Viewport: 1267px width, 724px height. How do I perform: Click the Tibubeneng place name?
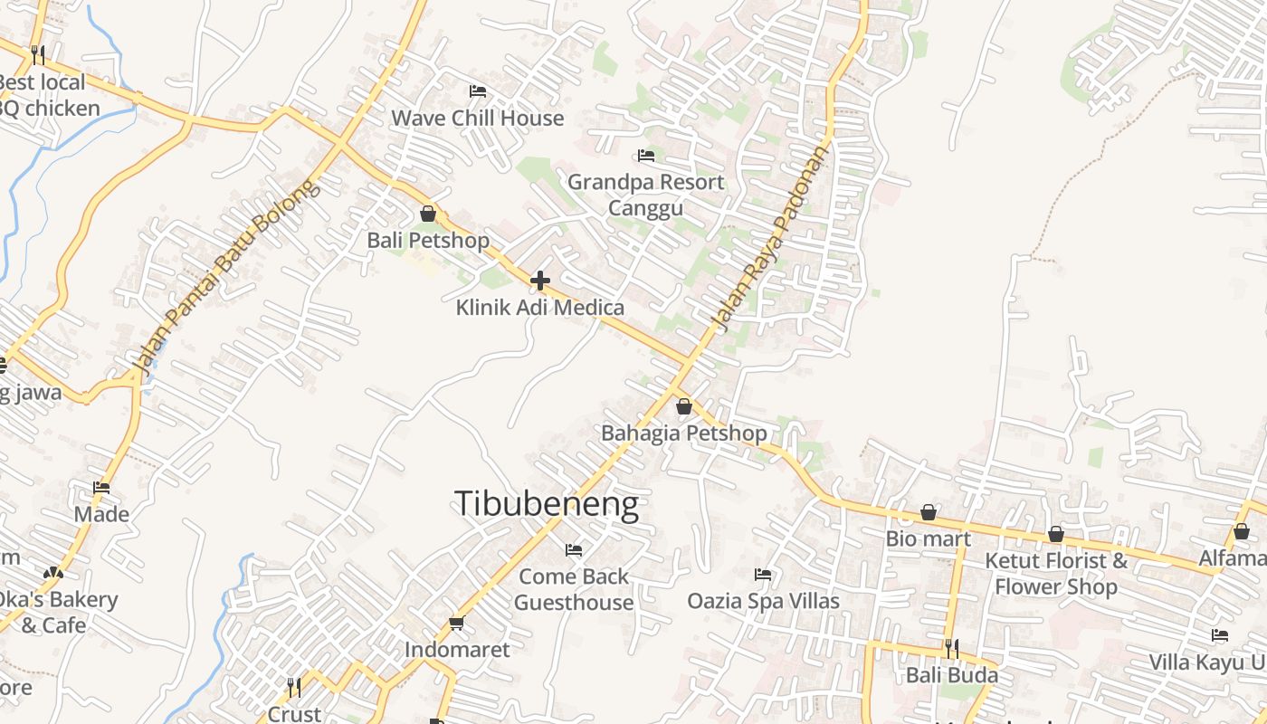tap(547, 504)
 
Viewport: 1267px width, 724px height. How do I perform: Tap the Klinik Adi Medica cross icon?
tap(540, 281)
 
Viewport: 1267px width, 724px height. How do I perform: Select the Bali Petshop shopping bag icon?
tap(428, 214)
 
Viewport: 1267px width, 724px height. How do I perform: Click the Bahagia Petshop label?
tap(684, 433)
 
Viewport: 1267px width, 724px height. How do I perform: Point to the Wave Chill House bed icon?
tap(478, 91)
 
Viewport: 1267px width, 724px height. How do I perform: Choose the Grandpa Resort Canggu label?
tap(645, 195)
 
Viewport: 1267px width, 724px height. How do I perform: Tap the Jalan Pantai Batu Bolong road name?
tap(226, 277)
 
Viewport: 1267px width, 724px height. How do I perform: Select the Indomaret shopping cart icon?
tap(457, 623)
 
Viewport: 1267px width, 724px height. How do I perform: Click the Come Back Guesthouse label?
tap(574, 589)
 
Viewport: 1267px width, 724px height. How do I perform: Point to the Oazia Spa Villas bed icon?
tap(763, 574)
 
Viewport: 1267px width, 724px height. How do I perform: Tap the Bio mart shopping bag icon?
tap(929, 513)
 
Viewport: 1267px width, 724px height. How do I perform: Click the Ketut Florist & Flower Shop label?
tap(1056, 573)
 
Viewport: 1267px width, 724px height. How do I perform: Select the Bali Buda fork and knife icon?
tap(952, 649)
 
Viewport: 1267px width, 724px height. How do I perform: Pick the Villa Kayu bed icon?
tap(1220, 635)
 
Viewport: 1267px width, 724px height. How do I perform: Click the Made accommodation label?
tap(101, 514)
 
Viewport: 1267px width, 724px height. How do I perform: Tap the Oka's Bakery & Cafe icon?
tap(53, 573)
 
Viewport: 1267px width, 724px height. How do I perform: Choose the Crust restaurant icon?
tap(294, 688)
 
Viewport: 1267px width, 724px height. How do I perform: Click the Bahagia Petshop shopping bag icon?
tap(684, 406)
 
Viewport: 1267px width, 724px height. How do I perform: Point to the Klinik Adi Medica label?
tap(540, 308)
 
